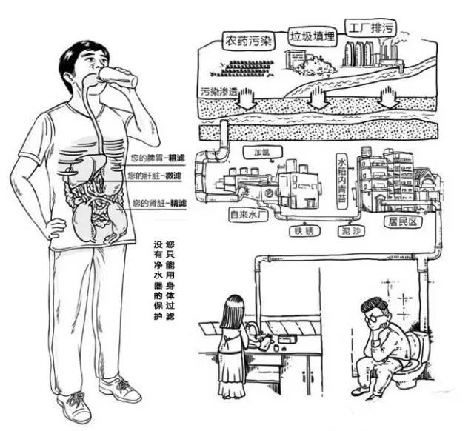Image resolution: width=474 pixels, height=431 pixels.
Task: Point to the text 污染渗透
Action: tap(219, 92)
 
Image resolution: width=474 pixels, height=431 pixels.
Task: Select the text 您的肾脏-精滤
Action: tap(158, 203)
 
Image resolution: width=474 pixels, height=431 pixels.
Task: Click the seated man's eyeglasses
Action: tap(375, 317)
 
